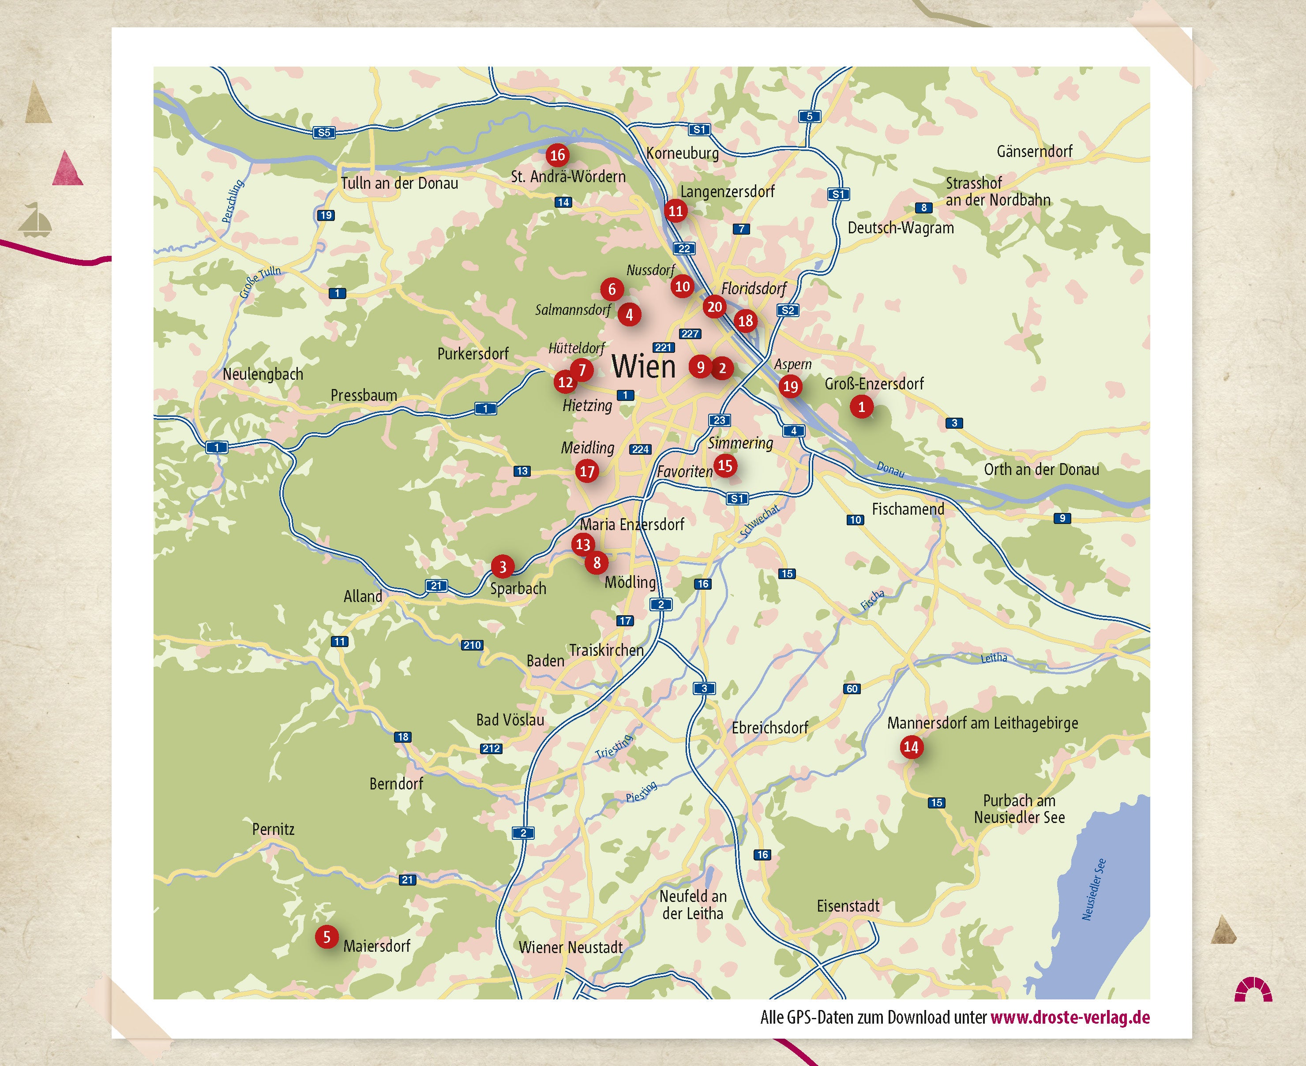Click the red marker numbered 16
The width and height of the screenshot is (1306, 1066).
pos(557,155)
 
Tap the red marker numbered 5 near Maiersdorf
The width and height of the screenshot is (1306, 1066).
pos(327,936)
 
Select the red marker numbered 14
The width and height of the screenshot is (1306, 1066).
pos(911,747)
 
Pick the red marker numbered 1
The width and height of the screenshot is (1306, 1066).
pos(861,407)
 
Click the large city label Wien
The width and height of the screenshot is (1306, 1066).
pos(643,367)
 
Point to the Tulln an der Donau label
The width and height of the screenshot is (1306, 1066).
pos(399,183)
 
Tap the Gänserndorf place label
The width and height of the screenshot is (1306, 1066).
pos(1035,151)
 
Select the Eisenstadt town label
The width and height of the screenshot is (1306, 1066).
pos(848,906)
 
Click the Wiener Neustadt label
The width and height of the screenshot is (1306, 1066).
pos(570,947)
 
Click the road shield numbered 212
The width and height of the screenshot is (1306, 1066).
pos(491,748)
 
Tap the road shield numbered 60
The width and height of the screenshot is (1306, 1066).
pos(852,689)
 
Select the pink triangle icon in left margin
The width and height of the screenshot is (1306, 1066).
pos(67,169)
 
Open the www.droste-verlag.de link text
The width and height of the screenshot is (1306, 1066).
pos(1070,1017)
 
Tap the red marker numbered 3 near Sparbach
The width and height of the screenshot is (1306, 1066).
pos(503,566)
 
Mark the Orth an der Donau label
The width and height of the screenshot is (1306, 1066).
pos(1041,470)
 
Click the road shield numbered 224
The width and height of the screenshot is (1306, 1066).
pos(640,449)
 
